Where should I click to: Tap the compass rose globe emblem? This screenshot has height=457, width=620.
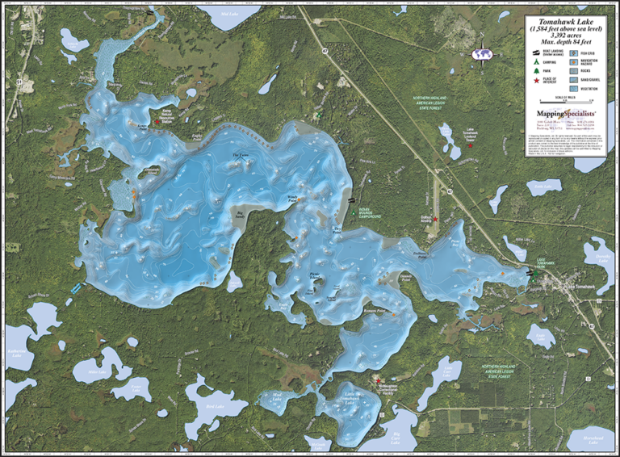[482, 53]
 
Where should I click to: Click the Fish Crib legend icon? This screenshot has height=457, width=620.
[575, 52]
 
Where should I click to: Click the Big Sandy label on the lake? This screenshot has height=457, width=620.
[241, 215]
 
